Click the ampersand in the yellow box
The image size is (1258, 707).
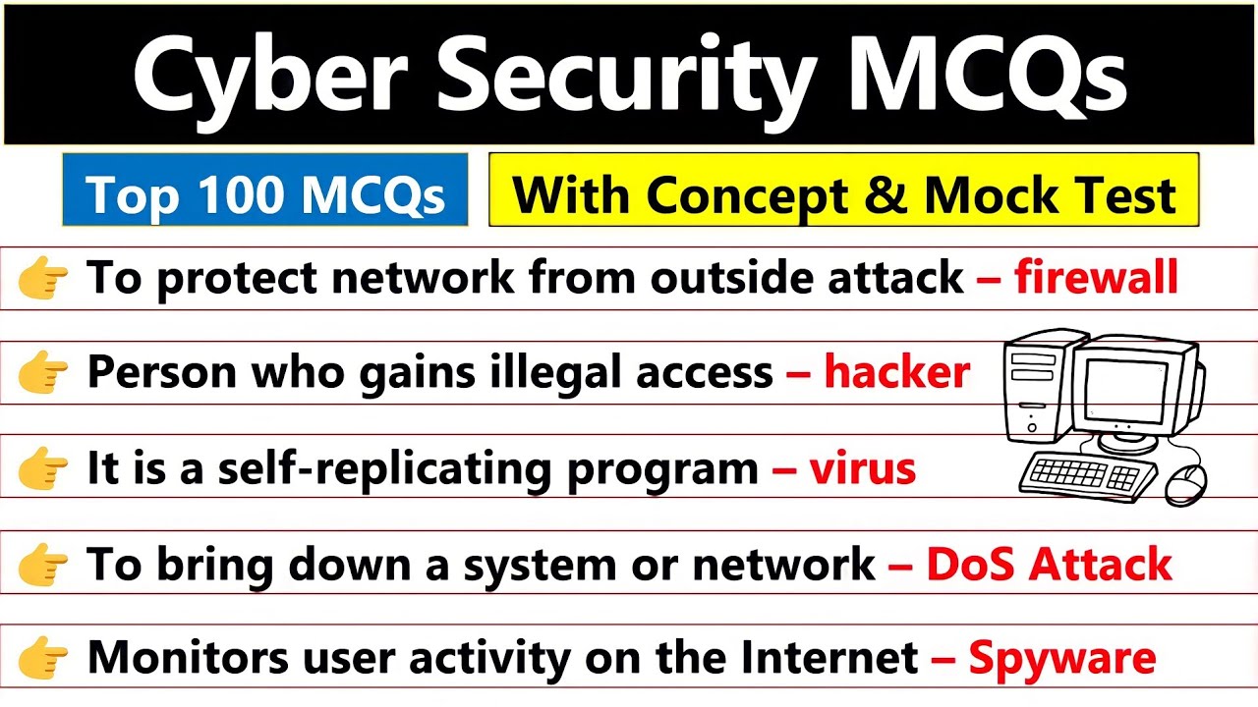(x=886, y=194)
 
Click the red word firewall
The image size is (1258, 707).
(x=1096, y=276)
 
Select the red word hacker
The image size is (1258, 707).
(x=897, y=371)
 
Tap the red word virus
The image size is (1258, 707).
(x=862, y=468)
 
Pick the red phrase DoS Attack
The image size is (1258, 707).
(x=1049, y=564)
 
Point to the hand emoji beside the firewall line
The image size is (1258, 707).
(x=42, y=278)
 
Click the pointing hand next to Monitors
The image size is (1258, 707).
(x=42, y=658)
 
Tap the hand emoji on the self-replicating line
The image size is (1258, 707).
(x=42, y=468)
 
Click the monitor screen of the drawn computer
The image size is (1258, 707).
(x=1125, y=391)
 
